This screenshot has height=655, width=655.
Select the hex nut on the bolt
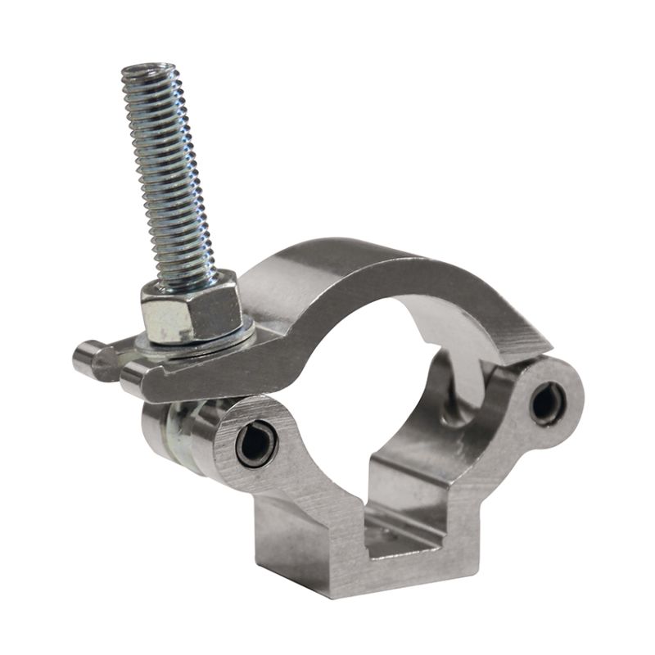click(x=190, y=307)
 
